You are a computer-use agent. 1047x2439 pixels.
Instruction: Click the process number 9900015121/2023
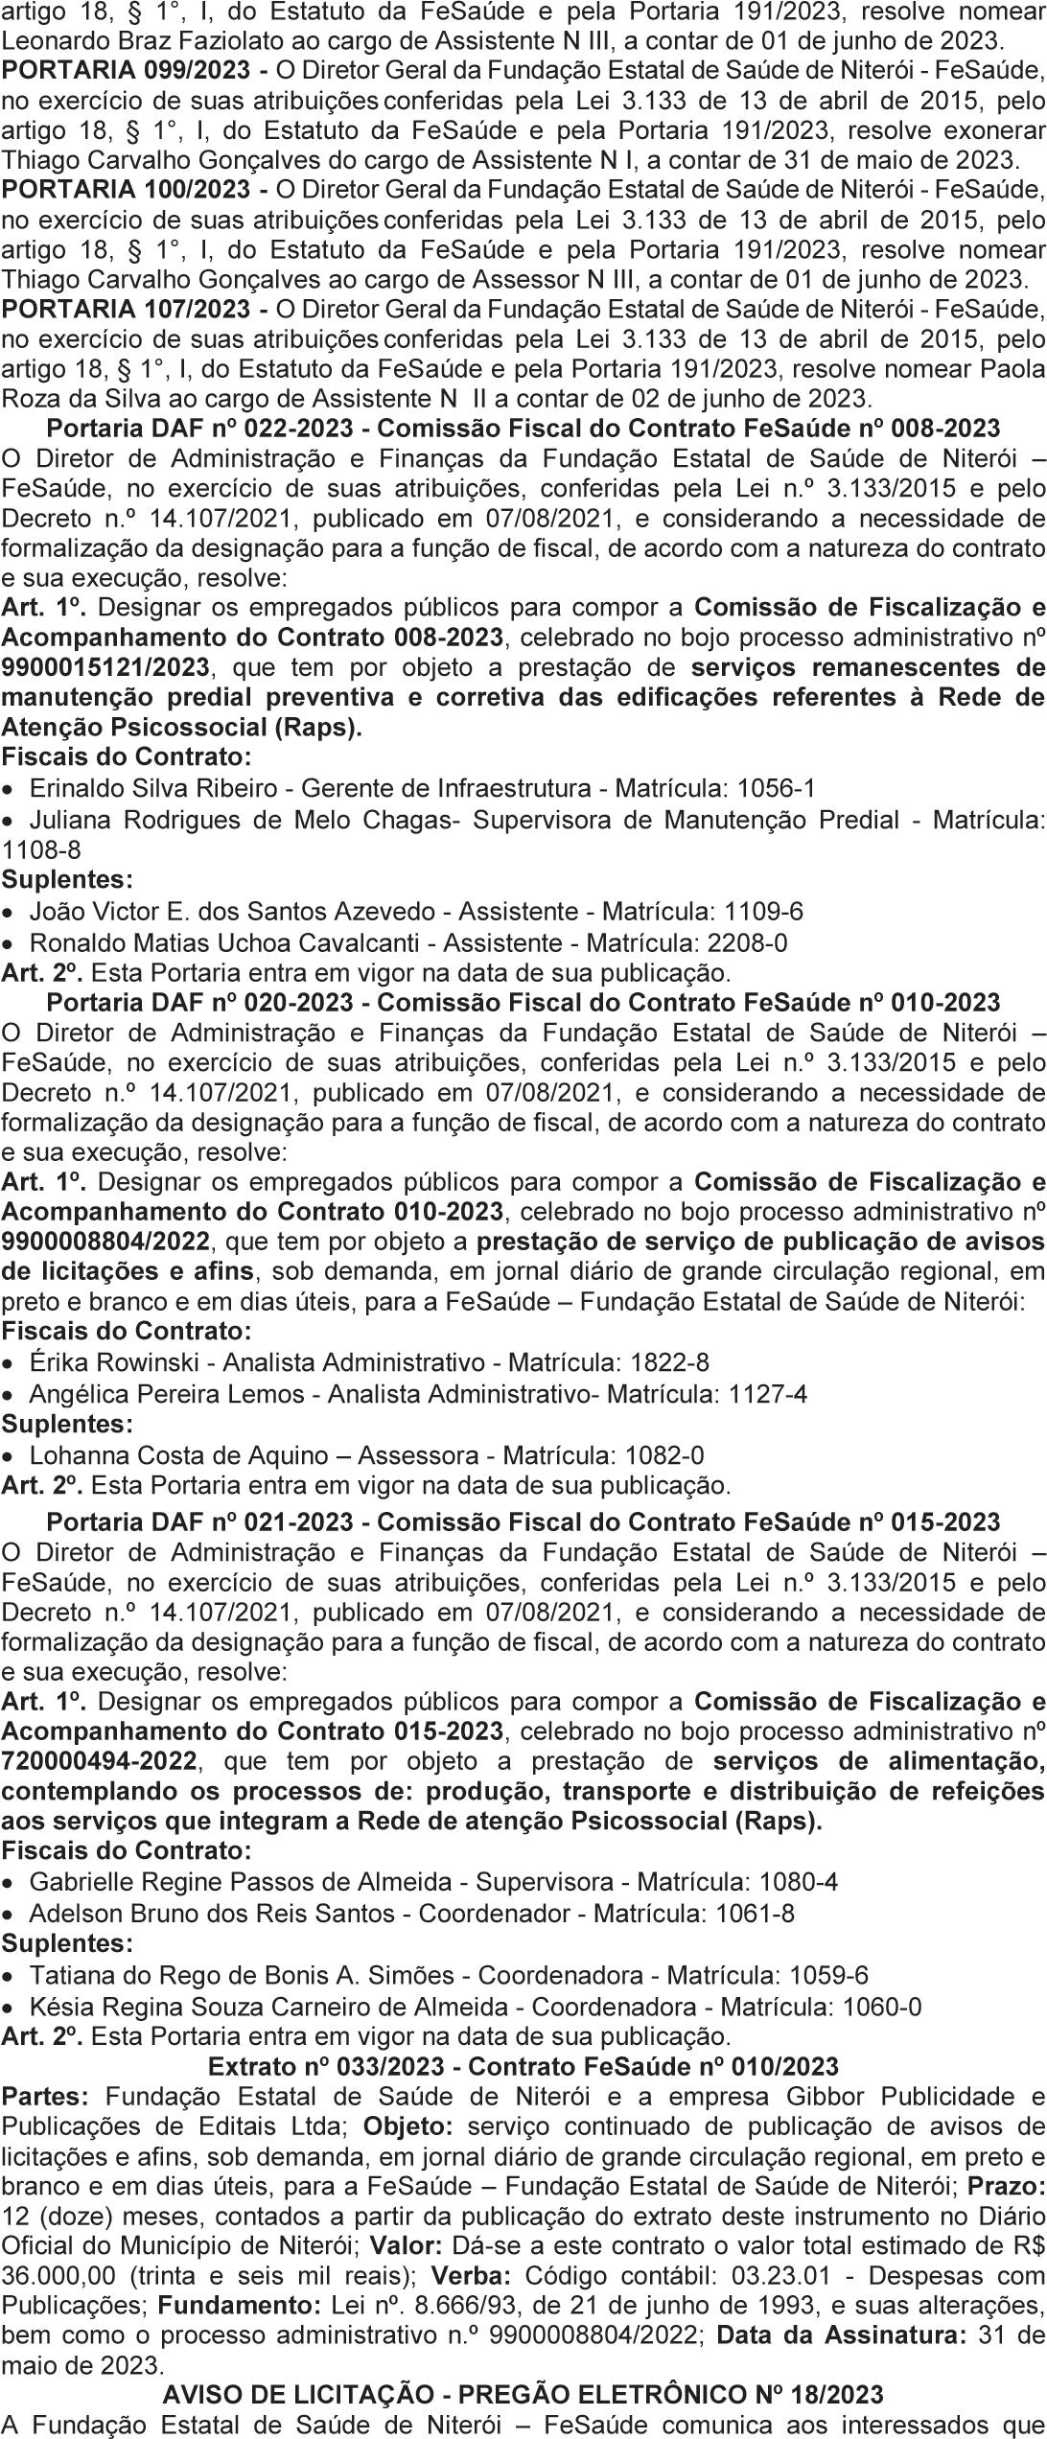pos(105,667)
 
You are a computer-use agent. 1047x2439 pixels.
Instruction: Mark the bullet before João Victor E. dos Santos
pos(9,912)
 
